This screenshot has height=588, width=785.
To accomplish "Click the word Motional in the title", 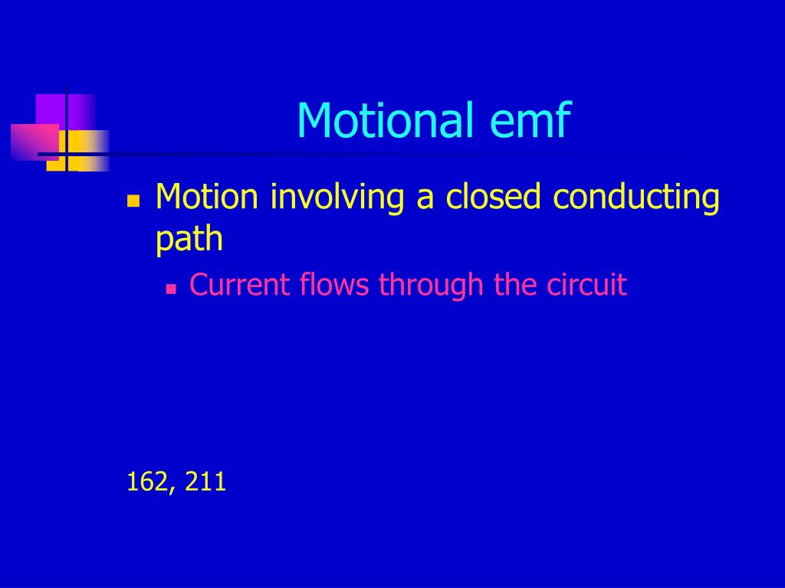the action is (385, 120).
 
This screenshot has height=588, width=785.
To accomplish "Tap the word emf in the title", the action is (530, 120).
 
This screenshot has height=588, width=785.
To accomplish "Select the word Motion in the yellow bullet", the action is (207, 196).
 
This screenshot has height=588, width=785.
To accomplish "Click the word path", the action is (189, 239).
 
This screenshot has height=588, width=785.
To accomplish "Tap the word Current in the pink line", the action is (240, 285).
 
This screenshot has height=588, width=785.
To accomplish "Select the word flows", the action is (334, 284).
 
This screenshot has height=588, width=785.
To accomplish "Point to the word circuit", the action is (586, 284).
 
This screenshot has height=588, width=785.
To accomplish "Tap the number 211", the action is (205, 482).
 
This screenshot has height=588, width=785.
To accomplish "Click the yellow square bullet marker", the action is (133, 201).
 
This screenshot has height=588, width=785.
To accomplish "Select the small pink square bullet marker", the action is (171, 289).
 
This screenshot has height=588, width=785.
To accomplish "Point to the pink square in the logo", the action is (35, 142).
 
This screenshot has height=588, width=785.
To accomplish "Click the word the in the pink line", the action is (515, 284).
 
